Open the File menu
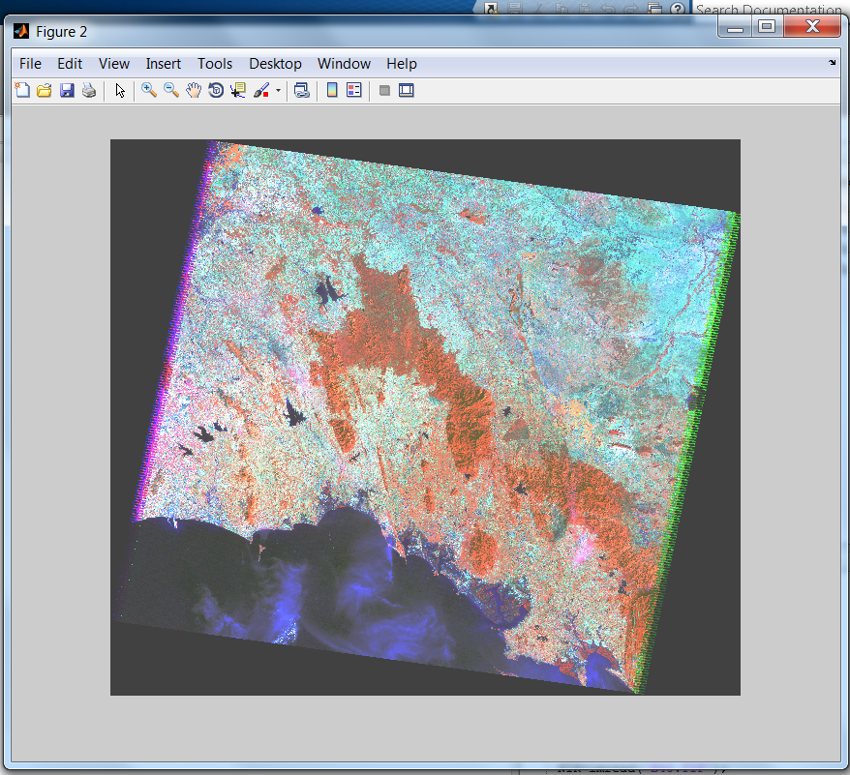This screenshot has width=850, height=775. pyautogui.click(x=30, y=64)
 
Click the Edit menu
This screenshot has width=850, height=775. pyautogui.click(x=70, y=64)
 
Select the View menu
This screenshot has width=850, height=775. pyautogui.click(x=113, y=64)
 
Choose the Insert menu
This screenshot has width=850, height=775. pyautogui.click(x=163, y=64)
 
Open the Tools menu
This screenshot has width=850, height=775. pyautogui.click(x=215, y=64)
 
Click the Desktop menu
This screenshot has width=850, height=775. pyautogui.click(x=275, y=64)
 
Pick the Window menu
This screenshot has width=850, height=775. pyautogui.click(x=344, y=64)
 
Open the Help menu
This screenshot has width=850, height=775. pyautogui.click(x=401, y=64)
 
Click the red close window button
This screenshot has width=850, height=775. pyautogui.click(x=811, y=27)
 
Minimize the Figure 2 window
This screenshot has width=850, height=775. pyautogui.click(x=736, y=27)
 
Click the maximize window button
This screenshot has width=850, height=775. pyautogui.click(x=767, y=27)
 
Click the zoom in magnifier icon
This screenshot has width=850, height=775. pyautogui.click(x=149, y=90)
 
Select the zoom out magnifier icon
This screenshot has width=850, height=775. pyautogui.click(x=170, y=90)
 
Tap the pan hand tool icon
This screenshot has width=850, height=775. pyautogui.click(x=194, y=90)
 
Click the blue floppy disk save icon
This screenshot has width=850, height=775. pyautogui.click(x=67, y=90)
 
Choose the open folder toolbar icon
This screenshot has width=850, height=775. pyautogui.click(x=45, y=90)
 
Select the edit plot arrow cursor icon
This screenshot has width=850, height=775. pyautogui.click(x=120, y=90)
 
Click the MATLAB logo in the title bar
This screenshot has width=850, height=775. pyautogui.click(x=20, y=31)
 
